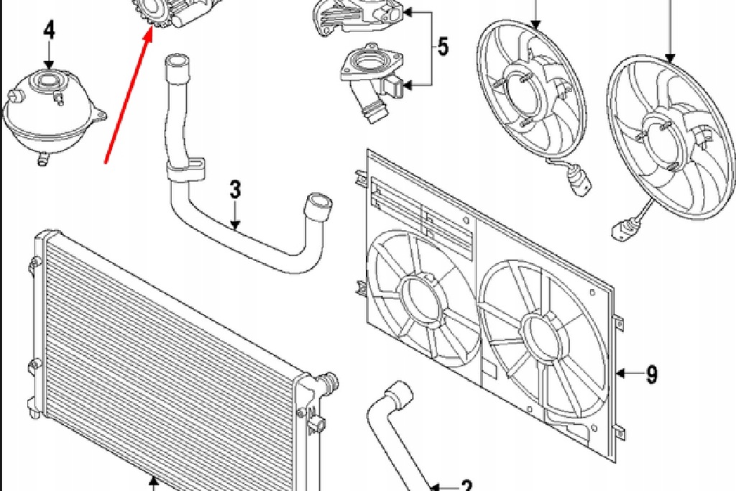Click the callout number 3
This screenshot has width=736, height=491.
pos(235,191)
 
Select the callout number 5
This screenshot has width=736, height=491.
pos(443,47)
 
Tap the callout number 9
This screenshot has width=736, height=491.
pos(651,374)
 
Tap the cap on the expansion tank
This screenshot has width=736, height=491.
pos(50,79)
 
